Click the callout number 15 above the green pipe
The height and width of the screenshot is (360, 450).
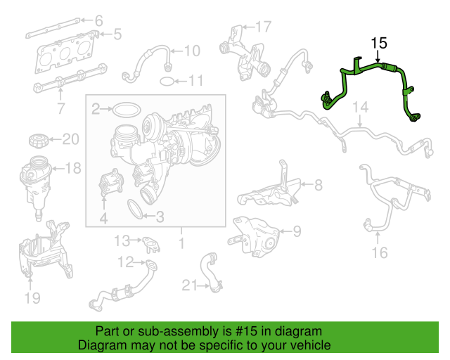tap(379, 44)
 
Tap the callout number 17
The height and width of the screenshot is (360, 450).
tap(262, 27)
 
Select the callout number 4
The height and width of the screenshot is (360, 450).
tap(103, 219)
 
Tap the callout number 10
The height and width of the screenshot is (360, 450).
tap(192, 51)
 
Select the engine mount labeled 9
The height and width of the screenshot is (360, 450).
tap(255, 233)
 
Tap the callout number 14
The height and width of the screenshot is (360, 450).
tap(361, 107)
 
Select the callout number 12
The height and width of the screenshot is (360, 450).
tap(125, 263)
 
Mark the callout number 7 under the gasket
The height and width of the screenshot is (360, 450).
tap(60, 109)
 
